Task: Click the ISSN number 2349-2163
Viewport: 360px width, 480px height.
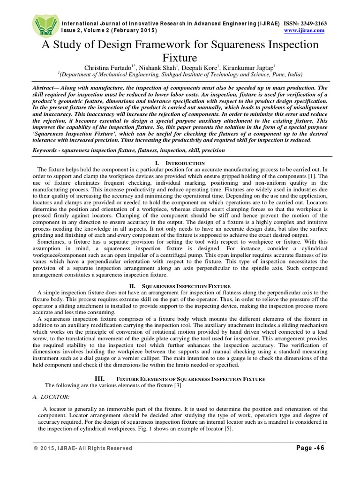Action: tap(310, 23)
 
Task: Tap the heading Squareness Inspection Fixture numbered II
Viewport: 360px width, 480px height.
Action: tap(180, 285)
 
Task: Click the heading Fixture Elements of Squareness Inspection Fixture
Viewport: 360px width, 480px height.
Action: tap(180, 379)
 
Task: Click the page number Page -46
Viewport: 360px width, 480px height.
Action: tap(310, 448)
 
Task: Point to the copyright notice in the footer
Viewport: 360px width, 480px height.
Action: tap(82, 449)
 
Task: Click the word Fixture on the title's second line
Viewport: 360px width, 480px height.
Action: tap(180, 58)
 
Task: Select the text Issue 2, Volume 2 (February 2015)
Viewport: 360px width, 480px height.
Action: tap(109, 30)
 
